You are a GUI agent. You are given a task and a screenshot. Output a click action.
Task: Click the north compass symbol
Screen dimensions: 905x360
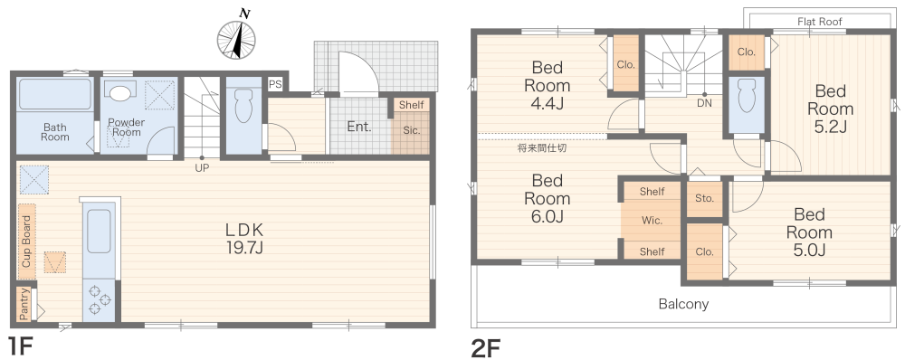[236, 38]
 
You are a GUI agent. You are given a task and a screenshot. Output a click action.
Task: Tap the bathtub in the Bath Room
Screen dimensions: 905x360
[55, 94]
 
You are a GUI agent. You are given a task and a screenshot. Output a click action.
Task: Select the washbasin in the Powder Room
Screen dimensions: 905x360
[120, 92]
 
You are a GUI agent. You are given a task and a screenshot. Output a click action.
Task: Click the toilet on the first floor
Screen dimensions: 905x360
[243, 104]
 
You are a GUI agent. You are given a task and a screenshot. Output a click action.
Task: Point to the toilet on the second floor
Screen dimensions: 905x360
[747, 95]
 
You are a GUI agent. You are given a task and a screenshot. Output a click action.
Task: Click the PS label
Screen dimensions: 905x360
[275, 83]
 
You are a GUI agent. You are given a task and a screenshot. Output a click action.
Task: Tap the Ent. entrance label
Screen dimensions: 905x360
[359, 127]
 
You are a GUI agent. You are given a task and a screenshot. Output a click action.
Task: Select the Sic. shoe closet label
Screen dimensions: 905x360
[412, 130]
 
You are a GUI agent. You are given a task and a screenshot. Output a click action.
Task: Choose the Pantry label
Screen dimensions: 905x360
[24, 303]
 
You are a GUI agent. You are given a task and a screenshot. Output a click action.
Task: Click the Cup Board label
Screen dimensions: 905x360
[26, 242]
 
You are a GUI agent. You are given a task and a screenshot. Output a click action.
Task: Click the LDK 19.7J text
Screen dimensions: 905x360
[244, 239]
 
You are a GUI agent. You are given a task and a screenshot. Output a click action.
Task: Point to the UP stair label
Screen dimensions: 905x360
[202, 168]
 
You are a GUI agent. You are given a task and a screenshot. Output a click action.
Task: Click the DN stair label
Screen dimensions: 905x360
[704, 103]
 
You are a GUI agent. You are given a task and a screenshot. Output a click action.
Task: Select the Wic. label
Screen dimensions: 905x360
[652, 221]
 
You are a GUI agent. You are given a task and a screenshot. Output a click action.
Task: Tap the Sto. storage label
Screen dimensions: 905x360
[704, 198]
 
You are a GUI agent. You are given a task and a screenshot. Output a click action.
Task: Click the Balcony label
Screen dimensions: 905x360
[684, 303]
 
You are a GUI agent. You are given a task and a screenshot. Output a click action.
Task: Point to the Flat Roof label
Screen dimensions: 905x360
[820, 22]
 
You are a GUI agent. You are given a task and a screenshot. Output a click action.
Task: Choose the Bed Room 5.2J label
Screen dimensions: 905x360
[830, 109]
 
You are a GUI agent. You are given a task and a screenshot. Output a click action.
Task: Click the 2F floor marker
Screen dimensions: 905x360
[486, 348]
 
